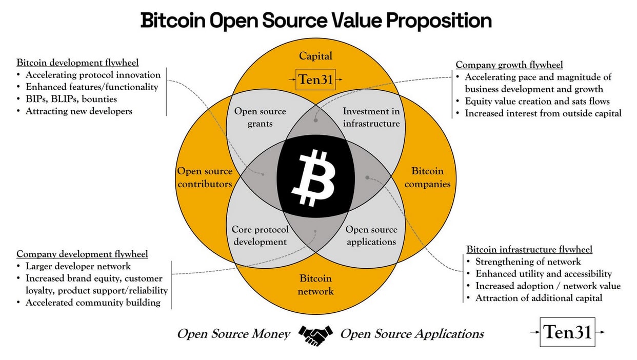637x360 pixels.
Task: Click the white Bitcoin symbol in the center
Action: tap(313, 177)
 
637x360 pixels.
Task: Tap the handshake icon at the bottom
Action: tap(315, 334)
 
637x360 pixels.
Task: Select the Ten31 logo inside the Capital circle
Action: tap(316, 79)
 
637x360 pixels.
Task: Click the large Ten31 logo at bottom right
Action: tap(567, 332)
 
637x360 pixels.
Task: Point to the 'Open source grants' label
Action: tap(260, 117)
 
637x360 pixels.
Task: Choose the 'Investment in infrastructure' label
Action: tap(371, 117)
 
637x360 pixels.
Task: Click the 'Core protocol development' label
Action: tap(260, 235)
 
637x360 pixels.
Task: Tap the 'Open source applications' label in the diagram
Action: tap(371, 235)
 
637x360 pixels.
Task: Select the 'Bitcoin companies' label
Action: tap(427, 177)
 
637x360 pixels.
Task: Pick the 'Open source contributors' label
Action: tap(205, 177)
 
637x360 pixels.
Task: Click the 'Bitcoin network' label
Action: tap(316, 285)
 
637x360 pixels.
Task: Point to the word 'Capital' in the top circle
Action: tap(316, 56)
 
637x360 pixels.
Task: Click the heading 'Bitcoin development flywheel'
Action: tap(77, 63)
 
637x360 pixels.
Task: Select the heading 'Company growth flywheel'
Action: tap(509, 65)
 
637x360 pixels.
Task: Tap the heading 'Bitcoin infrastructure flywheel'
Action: tap(529, 249)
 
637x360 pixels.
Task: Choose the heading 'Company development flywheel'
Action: tap(82, 254)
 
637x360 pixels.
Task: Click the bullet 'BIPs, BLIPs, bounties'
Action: tap(71, 98)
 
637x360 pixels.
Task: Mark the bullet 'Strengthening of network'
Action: tap(528, 262)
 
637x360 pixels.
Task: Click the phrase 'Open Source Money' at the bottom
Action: tap(233, 334)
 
